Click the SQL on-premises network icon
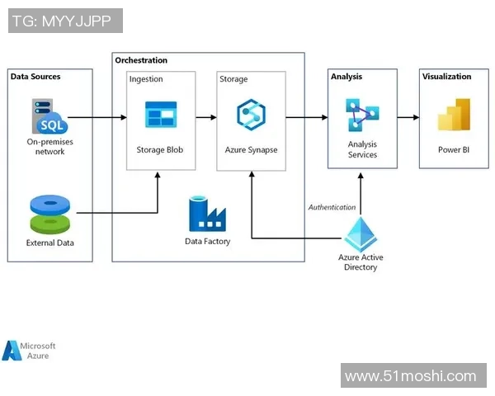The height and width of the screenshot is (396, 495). click(50, 116)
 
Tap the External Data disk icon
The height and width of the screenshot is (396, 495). click(50, 214)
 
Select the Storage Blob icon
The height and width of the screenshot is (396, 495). click(161, 115)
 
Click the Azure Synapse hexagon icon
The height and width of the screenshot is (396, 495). click(250, 114)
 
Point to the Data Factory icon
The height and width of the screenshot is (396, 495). click(207, 214)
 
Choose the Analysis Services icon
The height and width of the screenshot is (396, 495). click(362, 115)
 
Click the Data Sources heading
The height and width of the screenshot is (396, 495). click(35, 77)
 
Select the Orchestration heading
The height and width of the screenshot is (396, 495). click(141, 60)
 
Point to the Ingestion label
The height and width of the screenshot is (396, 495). click(146, 79)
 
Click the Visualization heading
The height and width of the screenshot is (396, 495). click(447, 77)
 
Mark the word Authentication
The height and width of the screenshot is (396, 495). click(332, 207)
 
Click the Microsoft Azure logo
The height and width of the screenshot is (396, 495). click(29, 351)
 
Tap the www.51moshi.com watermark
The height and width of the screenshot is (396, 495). click(411, 376)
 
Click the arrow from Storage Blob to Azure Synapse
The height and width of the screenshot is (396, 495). click(206, 118)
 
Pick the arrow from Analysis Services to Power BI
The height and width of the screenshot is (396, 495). click(408, 118)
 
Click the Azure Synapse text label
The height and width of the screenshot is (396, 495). click(251, 150)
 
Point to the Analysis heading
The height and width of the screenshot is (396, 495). click(346, 77)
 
